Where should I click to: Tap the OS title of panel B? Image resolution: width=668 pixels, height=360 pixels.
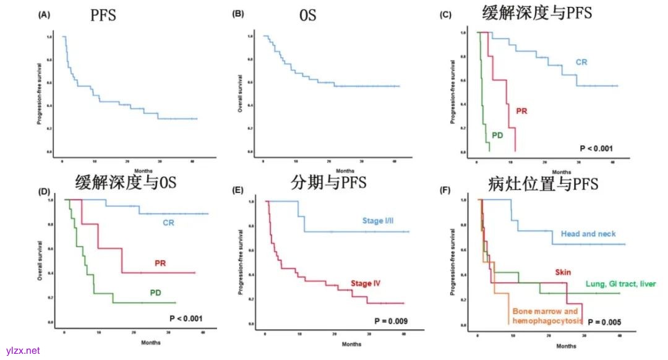(308, 15)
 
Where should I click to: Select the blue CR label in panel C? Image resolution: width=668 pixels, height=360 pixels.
(581, 62)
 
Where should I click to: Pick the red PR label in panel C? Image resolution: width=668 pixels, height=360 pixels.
(521, 111)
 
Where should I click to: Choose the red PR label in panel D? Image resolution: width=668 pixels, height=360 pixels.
(161, 264)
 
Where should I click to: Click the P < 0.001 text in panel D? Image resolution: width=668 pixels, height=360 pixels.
(186, 319)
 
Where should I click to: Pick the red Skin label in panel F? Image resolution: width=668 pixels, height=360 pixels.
(563, 272)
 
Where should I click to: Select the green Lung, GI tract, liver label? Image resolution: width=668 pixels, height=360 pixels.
(620, 284)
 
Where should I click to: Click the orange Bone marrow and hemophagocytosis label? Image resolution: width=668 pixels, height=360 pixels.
(545, 316)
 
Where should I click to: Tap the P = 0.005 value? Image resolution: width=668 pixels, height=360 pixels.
(604, 322)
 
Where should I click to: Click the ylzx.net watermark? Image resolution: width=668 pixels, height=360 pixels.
(23, 350)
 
